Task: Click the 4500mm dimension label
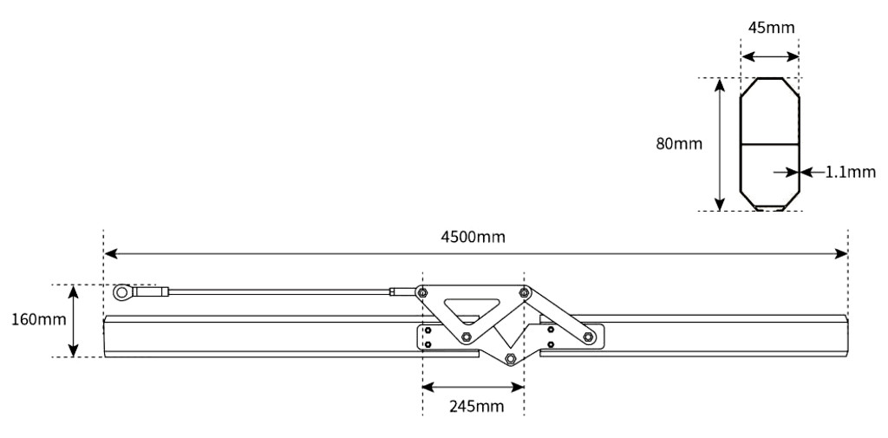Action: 475,237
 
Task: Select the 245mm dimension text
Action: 473,405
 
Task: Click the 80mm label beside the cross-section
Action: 679,143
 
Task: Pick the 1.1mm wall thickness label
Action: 850,172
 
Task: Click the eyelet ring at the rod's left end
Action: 123,292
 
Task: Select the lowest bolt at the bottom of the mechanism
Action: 509,358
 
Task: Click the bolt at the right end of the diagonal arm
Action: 589,337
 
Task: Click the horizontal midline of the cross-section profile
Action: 768,143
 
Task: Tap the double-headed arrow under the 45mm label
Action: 769,57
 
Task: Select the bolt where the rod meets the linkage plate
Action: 421,292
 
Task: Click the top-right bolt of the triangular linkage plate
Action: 524,292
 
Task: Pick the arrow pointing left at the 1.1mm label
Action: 806,172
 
